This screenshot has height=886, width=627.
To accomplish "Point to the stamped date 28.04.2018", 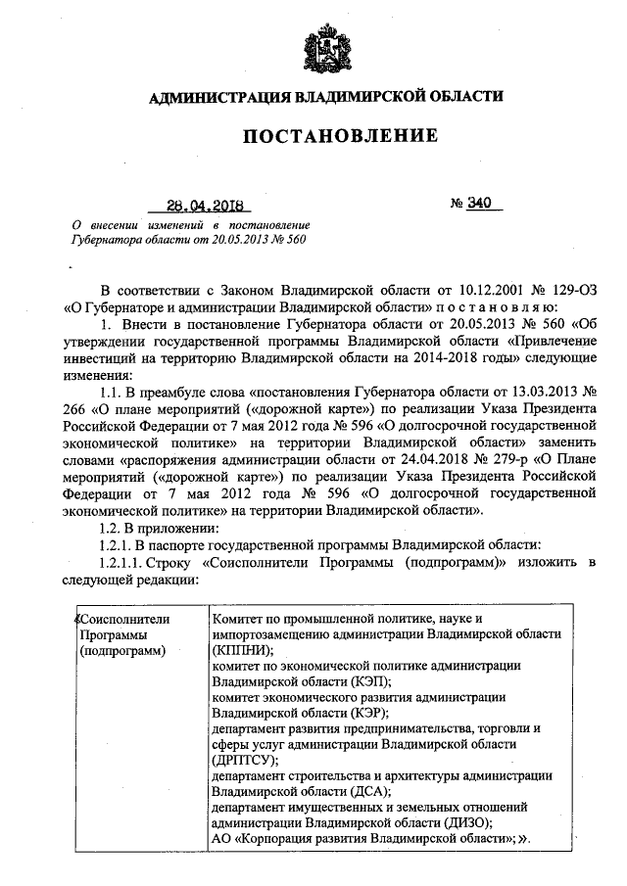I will (206, 207).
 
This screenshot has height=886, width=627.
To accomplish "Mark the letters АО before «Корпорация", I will (222, 839).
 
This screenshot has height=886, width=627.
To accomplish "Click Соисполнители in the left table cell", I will (124, 619).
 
